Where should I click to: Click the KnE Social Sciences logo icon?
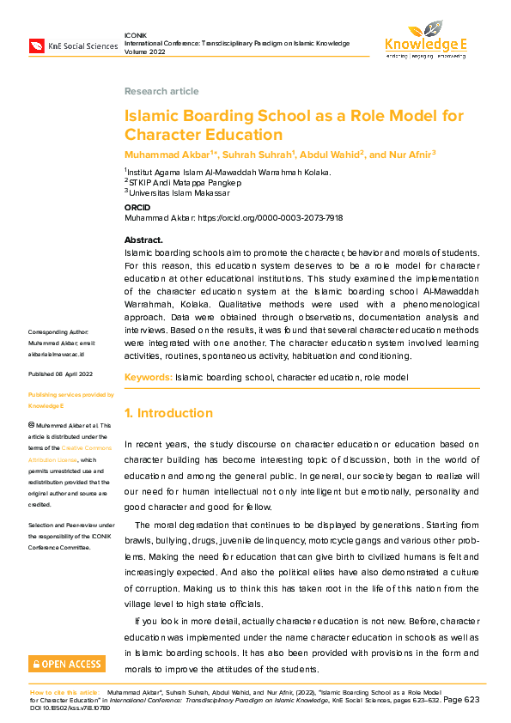pos(37,46)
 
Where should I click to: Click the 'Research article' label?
pos(161,91)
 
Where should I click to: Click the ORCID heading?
pos(137,209)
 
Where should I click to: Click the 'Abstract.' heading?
pos(143,240)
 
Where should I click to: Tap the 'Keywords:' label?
pos(148,378)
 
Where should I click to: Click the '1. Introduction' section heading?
pos(167,413)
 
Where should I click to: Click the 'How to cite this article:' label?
pos(65,691)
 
